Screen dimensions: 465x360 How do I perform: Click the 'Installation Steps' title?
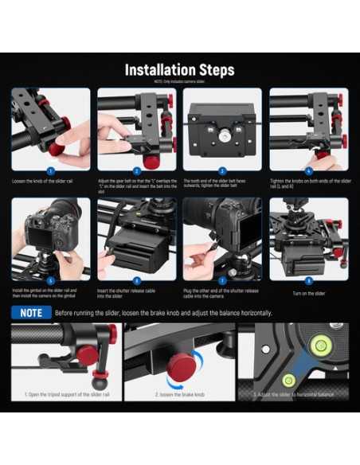point(179,70)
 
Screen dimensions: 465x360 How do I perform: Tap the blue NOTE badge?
point(31,313)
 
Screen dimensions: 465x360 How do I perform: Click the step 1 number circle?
point(50,170)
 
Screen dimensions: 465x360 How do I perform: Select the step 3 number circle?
point(222,170)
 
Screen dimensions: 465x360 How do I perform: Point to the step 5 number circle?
point(50,280)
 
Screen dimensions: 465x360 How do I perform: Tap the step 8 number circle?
point(309,280)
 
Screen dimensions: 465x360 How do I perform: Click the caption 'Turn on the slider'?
point(308,294)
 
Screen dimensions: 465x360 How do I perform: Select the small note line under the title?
point(179,82)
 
